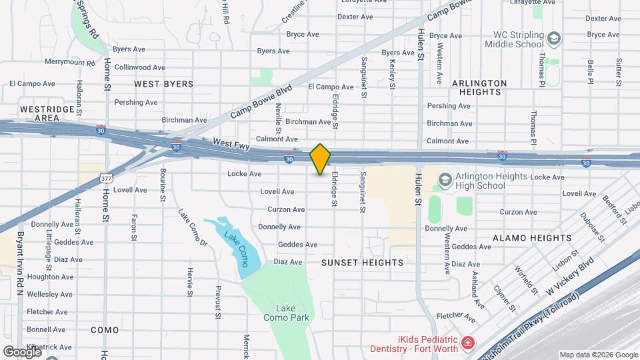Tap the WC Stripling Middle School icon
point(553,39)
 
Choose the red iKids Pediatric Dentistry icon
point(469,343)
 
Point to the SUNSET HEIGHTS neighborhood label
point(362,263)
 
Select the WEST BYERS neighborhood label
point(163,84)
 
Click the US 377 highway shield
point(105,179)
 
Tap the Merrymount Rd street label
point(69,63)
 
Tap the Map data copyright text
point(598,355)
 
